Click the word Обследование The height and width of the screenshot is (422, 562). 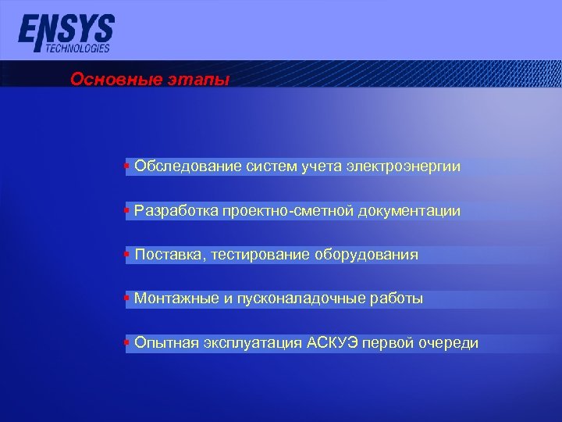click(178, 166)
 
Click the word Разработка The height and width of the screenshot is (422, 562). click(176, 211)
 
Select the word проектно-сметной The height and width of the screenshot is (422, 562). click(288, 211)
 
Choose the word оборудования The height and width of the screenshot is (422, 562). click(367, 255)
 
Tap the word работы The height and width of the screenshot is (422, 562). click(398, 299)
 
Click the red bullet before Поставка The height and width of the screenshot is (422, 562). click(127, 255)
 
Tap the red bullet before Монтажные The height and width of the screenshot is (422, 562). click(127, 299)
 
